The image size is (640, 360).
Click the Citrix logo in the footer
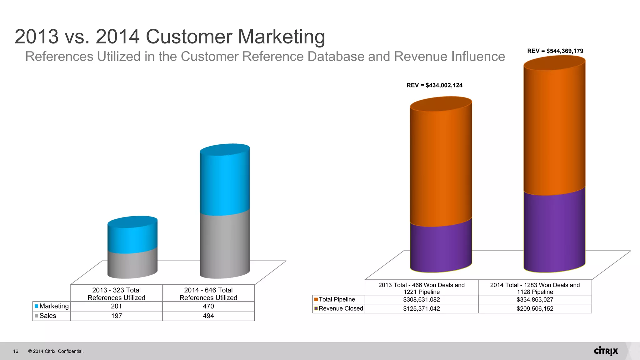(606, 351)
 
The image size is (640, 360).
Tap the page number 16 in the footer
(16, 351)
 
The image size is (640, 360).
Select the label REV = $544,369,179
(555, 51)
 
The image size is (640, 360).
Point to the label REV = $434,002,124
(434, 85)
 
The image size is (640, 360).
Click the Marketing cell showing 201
(116, 306)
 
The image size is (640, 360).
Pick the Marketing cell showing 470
(208, 306)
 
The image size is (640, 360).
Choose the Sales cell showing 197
(116, 316)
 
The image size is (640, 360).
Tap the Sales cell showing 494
(208, 316)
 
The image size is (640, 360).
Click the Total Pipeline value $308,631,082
(421, 299)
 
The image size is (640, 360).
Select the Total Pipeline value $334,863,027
(535, 299)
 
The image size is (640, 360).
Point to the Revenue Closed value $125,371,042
(421, 308)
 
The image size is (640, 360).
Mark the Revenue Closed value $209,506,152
(535, 308)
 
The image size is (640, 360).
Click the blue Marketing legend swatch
(37, 306)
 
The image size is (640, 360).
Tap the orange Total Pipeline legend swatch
(316, 299)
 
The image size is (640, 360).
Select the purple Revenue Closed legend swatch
(316, 308)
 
